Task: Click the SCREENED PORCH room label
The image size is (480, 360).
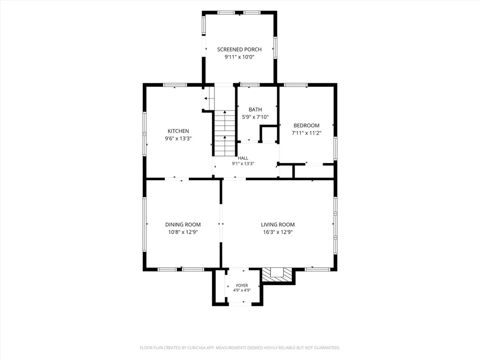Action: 239,49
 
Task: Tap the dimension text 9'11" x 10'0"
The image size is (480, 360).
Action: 239,57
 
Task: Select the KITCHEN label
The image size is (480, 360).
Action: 178,131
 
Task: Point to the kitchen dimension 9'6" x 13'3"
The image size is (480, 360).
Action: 178,139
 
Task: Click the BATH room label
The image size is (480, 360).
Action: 255,109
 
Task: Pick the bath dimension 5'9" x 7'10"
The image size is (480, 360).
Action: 255,117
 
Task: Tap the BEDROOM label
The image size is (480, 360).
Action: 306,125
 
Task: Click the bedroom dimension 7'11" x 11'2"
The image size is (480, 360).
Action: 306,133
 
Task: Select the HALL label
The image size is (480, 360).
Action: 243,158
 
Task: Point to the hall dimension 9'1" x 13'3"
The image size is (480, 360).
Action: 243,163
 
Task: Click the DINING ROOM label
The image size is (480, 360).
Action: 183,224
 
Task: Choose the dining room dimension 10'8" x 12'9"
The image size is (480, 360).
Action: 183,232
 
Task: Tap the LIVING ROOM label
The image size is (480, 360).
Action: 278,224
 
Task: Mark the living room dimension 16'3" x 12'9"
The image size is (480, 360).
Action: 278,232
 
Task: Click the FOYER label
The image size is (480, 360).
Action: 242,285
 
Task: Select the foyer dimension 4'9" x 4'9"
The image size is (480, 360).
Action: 242,290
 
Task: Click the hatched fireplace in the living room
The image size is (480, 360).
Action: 277,274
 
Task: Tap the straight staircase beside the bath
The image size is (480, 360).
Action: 225,133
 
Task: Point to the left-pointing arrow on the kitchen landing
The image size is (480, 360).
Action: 209,99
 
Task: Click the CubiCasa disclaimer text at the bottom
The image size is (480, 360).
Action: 240,348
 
